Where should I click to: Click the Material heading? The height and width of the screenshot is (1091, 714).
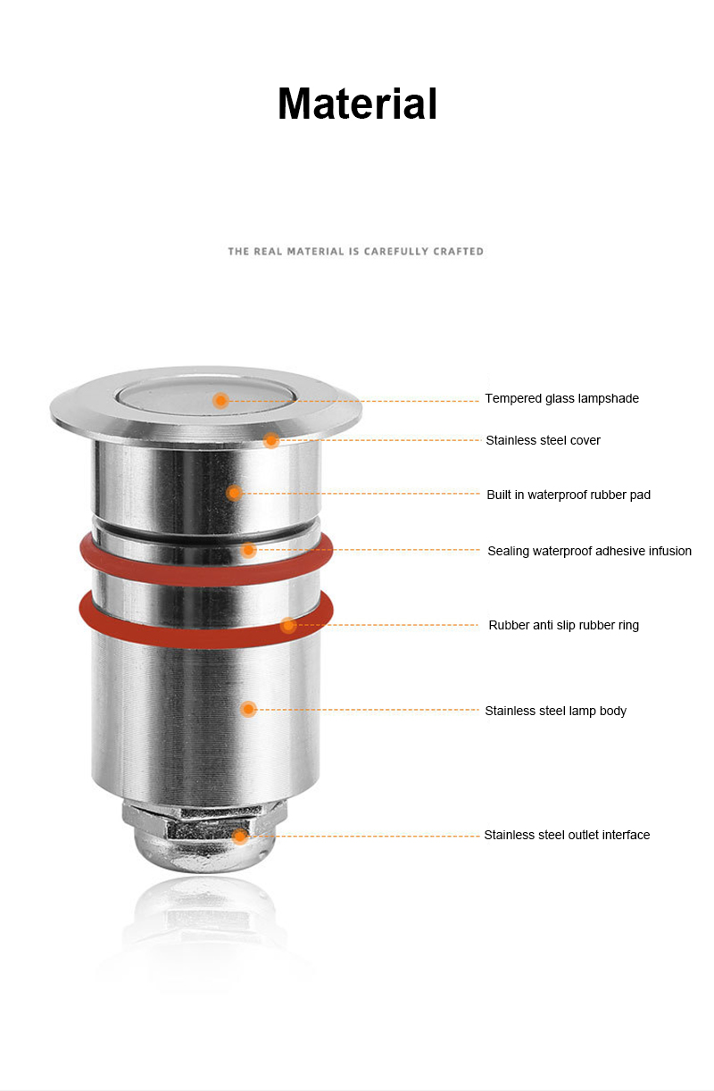[x=357, y=104]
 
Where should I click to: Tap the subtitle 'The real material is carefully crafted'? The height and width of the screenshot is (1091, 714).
[x=355, y=251]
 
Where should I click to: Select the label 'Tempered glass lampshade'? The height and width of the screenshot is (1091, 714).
[x=561, y=398]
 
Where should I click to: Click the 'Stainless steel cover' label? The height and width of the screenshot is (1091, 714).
[x=543, y=440]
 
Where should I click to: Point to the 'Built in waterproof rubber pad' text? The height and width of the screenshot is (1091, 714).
[x=569, y=495]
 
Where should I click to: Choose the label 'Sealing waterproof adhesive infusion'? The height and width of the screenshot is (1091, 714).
[x=589, y=551]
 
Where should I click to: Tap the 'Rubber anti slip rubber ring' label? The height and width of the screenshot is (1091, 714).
[x=563, y=625]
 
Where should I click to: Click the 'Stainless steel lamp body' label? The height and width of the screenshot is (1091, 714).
[x=555, y=711]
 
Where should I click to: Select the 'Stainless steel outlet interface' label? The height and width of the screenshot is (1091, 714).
[x=567, y=835]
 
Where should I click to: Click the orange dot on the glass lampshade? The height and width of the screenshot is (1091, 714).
[x=220, y=401]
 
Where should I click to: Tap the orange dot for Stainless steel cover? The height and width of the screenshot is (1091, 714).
[x=271, y=441]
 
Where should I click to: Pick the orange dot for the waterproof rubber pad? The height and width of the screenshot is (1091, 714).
[x=234, y=493]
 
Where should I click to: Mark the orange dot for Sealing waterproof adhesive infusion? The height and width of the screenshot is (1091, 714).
[x=248, y=550]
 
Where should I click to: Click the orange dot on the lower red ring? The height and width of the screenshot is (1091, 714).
[x=288, y=625]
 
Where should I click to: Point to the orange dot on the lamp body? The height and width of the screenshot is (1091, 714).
[x=248, y=709]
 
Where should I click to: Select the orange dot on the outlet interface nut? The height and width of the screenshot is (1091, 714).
[x=239, y=837]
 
